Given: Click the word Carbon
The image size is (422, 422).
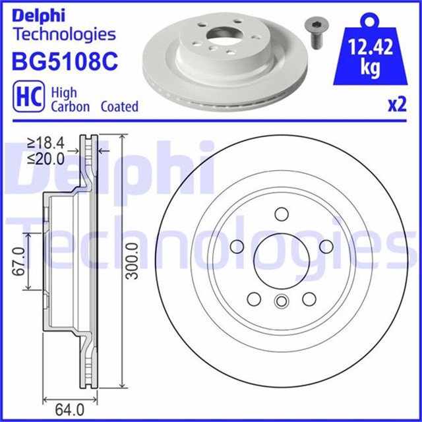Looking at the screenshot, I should click(71, 106).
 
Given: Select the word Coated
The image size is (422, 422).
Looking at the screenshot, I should click(119, 106).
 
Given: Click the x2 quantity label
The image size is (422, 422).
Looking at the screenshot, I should click(396, 106).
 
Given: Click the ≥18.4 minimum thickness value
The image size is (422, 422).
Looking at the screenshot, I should click(45, 142).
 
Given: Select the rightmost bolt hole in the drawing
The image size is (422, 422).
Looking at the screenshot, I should click(326, 247).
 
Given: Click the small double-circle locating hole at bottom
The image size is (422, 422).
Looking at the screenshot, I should click(282, 301).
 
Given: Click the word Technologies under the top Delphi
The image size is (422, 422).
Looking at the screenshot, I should click(64, 34).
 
